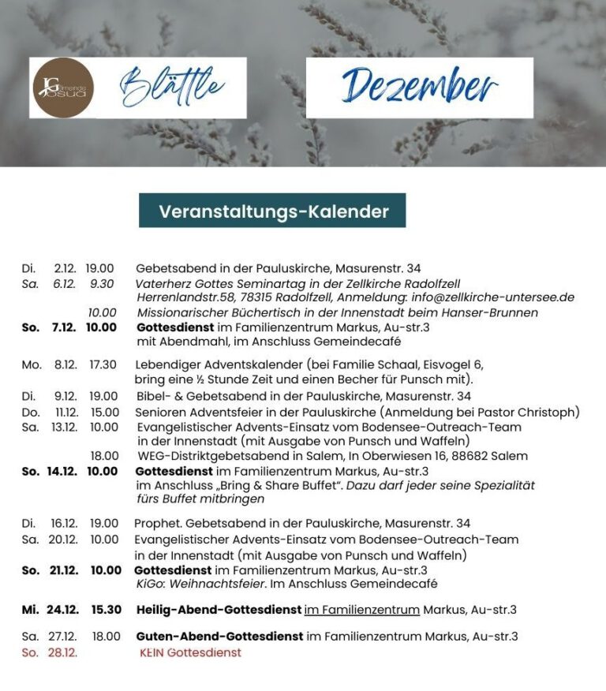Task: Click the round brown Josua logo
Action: tap(64, 88)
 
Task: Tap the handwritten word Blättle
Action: tap(172, 86)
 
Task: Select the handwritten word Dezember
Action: tap(419, 88)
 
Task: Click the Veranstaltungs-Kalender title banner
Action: tap(273, 211)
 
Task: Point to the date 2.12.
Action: tap(65, 268)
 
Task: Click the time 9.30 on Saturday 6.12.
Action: tap(102, 283)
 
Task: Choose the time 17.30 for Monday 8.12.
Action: tap(103, 364)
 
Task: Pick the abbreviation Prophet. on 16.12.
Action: tap(158, 523)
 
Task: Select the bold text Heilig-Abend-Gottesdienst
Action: tap(219, 610)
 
